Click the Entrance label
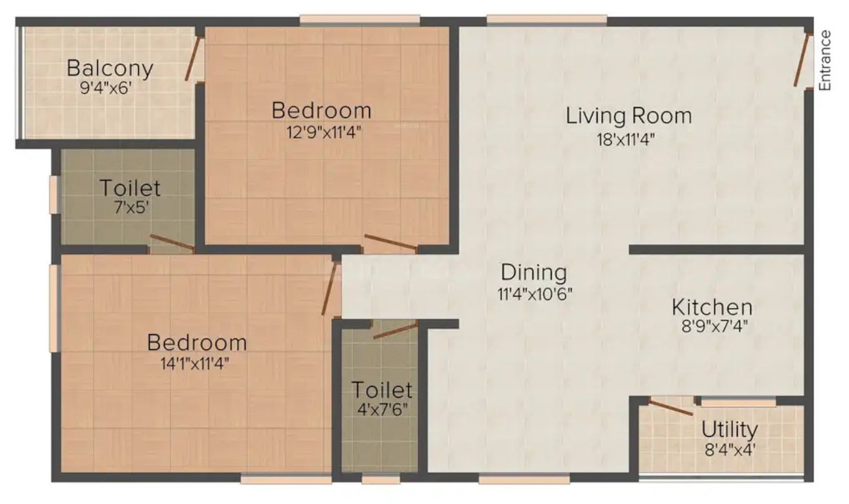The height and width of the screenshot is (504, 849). (x=826, y=60)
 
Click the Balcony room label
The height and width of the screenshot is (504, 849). (x=110, y=68)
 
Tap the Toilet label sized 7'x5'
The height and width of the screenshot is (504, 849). (x=130, y=188)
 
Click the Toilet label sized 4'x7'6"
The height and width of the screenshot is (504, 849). (x=382, y=390)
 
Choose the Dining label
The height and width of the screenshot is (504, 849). (x=533, y=272)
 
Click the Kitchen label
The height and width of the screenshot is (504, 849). (x=712, y=307)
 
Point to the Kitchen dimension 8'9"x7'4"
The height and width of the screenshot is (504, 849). (x=711, y=325)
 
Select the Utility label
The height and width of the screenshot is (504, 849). (x=730, y=430)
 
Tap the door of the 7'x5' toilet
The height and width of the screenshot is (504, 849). (x=172, y=243)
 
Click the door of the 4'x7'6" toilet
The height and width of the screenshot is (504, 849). (x=395, y=329)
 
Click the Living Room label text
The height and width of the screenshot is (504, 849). (x=629, y=116)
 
